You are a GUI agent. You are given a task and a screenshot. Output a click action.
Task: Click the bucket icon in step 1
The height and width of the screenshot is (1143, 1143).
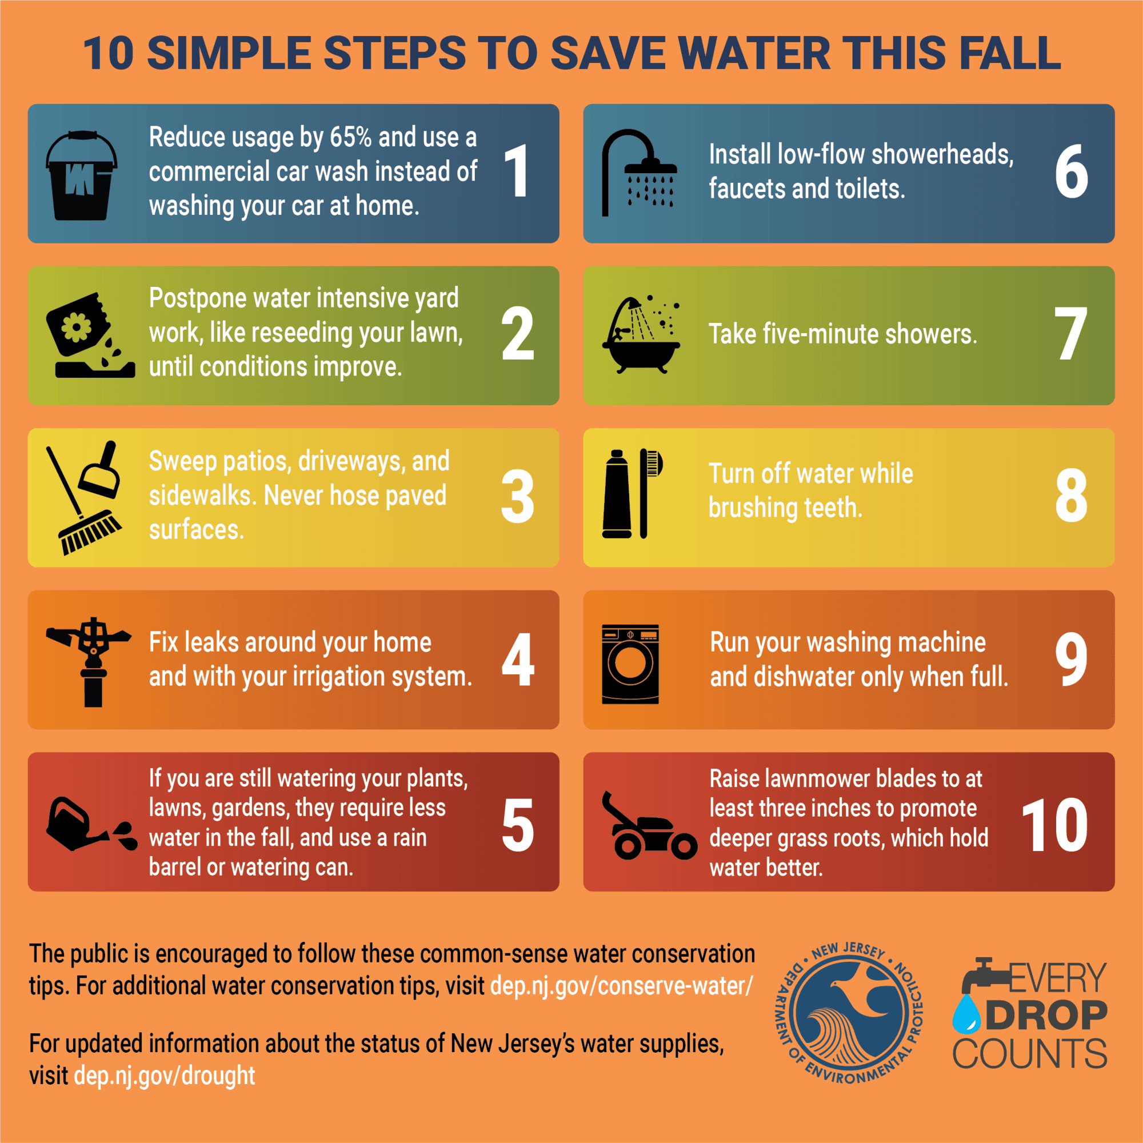[81, 176]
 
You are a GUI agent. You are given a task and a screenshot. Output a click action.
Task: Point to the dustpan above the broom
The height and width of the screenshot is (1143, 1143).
[101, 470]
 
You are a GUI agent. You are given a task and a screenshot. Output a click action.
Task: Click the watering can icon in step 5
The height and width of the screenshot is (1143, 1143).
[77, 825]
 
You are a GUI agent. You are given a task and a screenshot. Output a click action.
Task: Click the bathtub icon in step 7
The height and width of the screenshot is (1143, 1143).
[640, 337]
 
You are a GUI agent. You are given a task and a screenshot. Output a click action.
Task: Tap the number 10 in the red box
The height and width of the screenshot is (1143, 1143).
[1054, 826]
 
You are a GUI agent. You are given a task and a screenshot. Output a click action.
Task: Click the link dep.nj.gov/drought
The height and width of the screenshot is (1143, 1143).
[165, 1076]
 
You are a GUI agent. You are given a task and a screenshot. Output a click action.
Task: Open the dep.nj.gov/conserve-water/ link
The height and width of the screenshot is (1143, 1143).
[621, 986]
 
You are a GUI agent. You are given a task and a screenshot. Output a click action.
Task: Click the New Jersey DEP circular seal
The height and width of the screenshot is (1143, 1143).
[849, 1013]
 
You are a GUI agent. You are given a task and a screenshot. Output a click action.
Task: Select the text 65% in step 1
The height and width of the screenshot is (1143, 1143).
[350, 137]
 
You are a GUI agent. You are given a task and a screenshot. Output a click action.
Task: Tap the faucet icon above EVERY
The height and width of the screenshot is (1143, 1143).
[982, 976]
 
